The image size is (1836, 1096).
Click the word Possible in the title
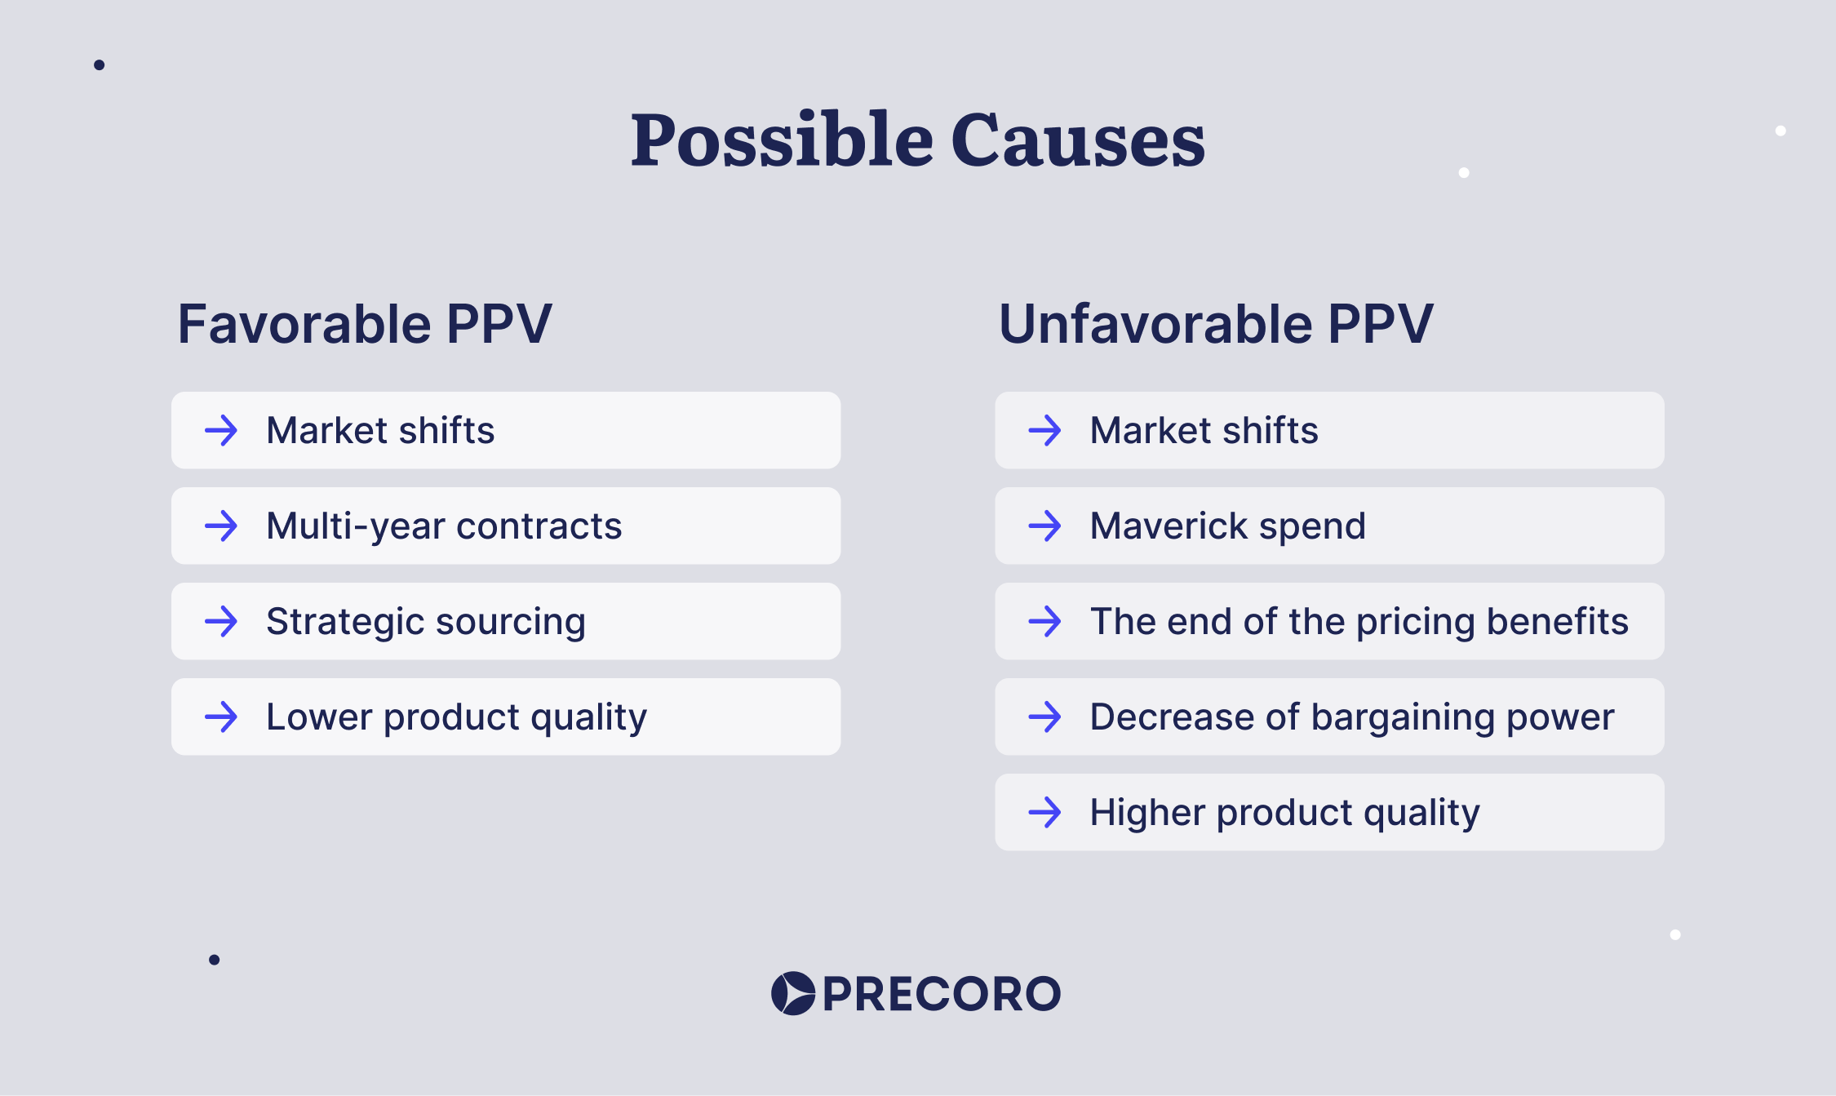point(781,140)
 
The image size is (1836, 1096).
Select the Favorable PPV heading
point(365,324)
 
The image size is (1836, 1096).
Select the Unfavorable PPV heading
point(1216,324)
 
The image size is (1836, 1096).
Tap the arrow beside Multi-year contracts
point(221,526)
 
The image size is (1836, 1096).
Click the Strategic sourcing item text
point(426,622)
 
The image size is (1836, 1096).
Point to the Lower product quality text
point(456,717)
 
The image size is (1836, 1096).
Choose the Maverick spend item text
point(1227,526)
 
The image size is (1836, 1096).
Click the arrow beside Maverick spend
point(1044,526)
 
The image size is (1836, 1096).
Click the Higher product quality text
point(1284,813)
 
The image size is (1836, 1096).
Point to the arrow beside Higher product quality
point(1044,813)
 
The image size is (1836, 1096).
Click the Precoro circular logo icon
point(793,993)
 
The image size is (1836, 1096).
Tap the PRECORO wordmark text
point(942,994)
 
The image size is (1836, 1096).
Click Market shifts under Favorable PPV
point(380,430)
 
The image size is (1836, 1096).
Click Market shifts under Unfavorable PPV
point(1204,430)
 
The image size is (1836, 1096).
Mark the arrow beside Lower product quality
point(221,717)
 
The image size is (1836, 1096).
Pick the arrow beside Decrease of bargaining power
point(1044,717)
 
